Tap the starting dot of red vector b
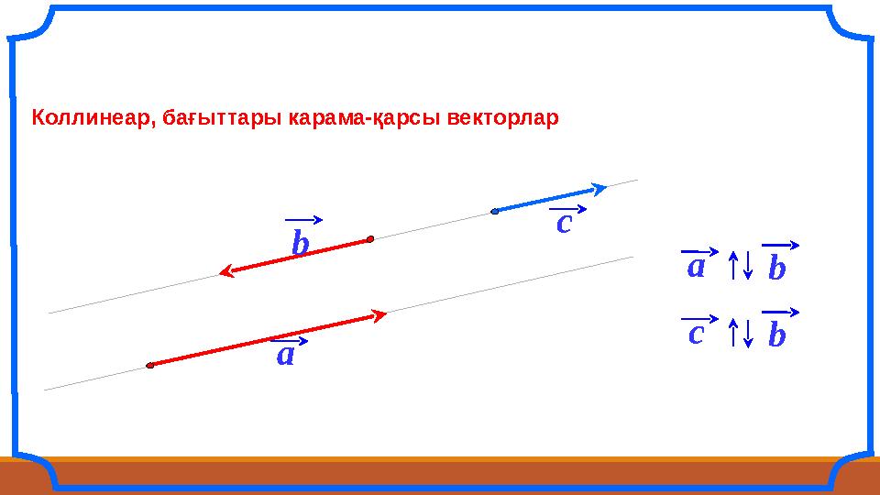pos(369,239)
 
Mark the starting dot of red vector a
pos(149,366)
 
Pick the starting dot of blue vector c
pos(494,212)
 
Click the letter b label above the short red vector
pos(300,244)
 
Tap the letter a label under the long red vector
pos(286,355)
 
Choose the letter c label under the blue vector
pos(564,223)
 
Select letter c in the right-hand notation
pos(696,333)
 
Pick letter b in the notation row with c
pos(776,335)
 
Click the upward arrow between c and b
pos(733,333)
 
